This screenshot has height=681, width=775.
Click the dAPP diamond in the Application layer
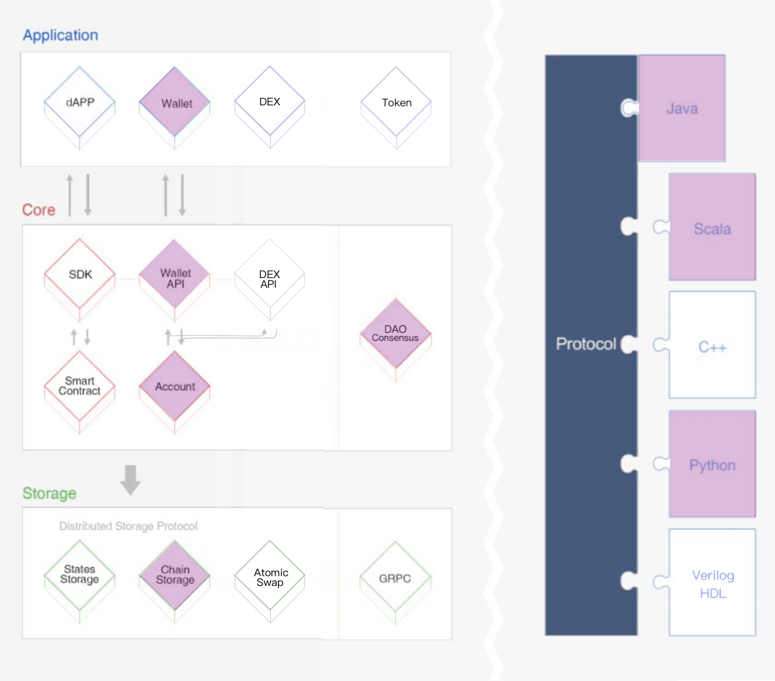tap(80, 102)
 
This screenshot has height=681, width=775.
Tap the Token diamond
tap(396, 102)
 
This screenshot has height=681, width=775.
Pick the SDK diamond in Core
tap(80, 274)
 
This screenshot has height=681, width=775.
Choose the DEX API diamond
tap(270, 278)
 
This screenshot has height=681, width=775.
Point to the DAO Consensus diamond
tap(396, 333)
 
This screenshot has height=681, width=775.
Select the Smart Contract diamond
tap(80, 386)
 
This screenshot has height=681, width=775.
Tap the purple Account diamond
tap(175, 386)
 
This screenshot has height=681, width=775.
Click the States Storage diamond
tap(80, 574)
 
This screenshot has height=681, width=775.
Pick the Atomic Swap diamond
tap(270, 577)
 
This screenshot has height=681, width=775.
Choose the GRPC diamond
tap(395, 578)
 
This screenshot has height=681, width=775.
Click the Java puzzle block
tap(682, 108)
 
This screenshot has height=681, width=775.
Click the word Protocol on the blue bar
tap(586, 344)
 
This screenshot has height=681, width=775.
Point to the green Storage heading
tap(49, 493)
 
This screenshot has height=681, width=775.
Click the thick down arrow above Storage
tap(130, 480)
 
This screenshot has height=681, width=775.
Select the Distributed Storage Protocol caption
tap(128, 526)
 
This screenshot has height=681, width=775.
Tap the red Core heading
tap(39, 210)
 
